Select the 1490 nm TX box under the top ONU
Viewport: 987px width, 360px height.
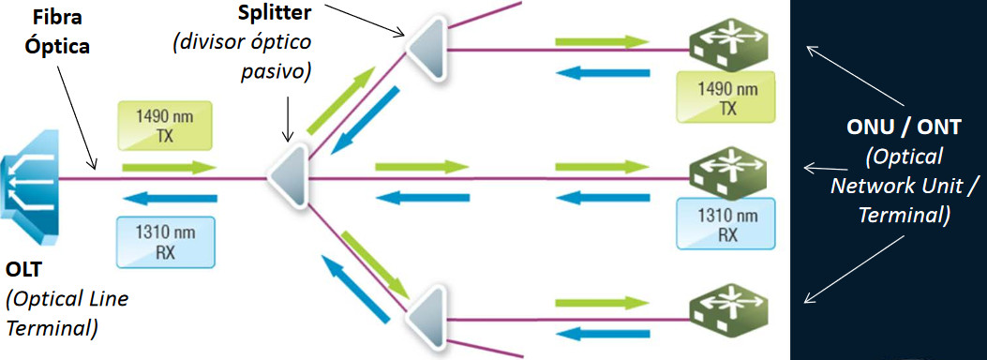coord(727,97)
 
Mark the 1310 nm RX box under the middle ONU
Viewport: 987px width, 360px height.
coord(727,224)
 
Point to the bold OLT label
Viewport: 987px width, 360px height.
coord(24,270)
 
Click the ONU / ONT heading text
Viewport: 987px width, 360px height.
coord(904,128)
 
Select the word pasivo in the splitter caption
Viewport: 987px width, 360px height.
coord(277,72)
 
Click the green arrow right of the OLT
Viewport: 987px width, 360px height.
coord(169,168)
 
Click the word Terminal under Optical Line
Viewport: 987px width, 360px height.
coord(52,328)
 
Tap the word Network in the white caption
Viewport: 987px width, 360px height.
coord(875,186)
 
